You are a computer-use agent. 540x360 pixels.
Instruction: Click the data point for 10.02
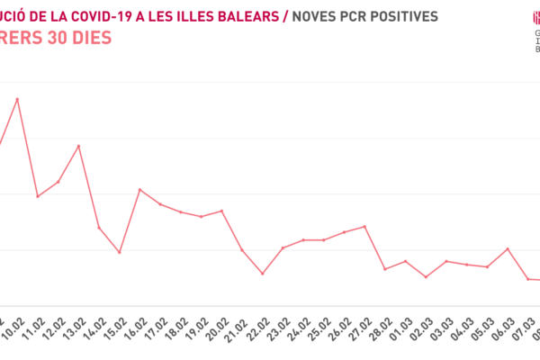(17, 99)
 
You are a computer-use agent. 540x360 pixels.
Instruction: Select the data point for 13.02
(78, 146)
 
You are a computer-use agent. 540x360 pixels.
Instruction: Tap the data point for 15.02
(120, 252)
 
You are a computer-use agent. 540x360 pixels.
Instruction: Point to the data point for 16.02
(139, 189)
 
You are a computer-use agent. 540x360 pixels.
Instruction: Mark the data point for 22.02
(263, 274)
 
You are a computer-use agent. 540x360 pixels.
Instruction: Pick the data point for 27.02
(364, 226)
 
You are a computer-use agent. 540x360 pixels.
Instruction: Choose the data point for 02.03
(426, 277)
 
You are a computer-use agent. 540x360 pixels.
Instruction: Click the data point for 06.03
(508, 248)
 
